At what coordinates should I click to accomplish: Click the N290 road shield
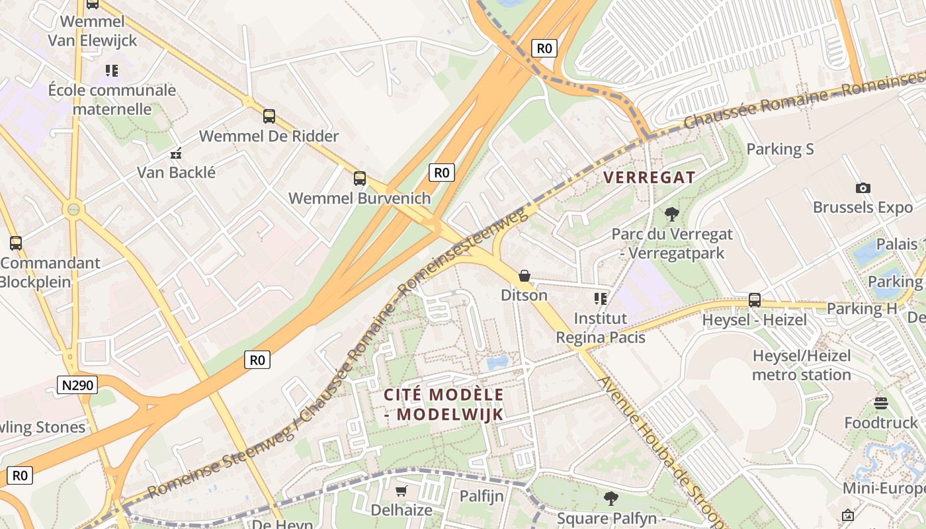coord(77,385)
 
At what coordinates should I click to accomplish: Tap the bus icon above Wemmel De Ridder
coord(269,116)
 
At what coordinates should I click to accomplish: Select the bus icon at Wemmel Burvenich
coord(359,178)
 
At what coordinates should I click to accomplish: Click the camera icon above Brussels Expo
coord(863,188)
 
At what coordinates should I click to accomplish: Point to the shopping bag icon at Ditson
coord(525,275)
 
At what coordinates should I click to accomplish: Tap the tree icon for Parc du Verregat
coord(672,214)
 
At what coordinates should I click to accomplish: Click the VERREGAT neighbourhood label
coord(649,177)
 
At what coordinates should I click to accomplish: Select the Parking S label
coord(780,149)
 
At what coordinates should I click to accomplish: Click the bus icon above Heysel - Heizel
coord(755,300)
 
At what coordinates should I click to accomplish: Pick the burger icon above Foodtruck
coord(880,403)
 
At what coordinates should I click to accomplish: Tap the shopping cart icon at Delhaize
coord(401,491)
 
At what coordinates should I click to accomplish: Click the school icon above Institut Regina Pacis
coord(600,299)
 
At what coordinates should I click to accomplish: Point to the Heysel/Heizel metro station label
coord(801,365)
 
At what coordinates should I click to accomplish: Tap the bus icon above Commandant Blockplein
coord(16,243)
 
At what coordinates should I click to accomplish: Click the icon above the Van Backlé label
coord(176,153)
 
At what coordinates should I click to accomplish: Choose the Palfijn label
coord(482,496)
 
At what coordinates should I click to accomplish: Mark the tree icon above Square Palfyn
coord(610,498)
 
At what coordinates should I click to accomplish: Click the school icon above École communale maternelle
coord(111,70)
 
